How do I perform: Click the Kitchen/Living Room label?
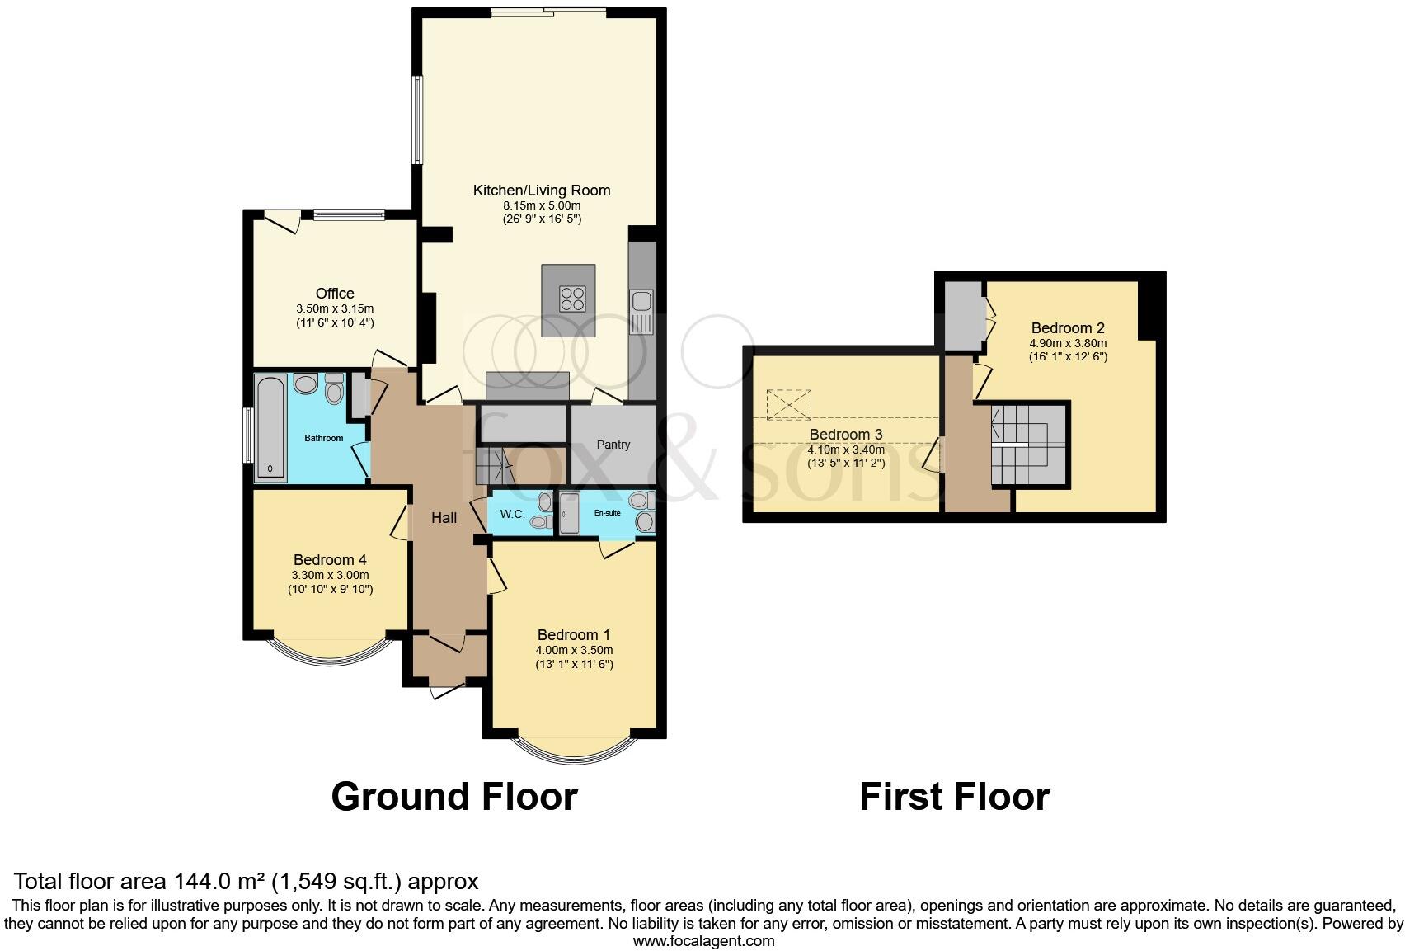point(541,191)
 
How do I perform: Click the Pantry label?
point(613,445)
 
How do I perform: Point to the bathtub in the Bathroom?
point(270,427)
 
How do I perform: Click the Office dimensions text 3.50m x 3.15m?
point(334,308)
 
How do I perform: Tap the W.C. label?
point(512,514)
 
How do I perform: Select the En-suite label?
point(607,513)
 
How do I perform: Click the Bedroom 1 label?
point(573,635)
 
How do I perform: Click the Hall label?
point(444,518)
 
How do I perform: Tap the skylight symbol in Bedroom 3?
point(789,404)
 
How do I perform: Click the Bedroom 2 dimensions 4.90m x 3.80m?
point(1067,343)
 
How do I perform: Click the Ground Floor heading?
point(453,797)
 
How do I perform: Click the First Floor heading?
point(954,797)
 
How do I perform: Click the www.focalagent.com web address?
point(702,940)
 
